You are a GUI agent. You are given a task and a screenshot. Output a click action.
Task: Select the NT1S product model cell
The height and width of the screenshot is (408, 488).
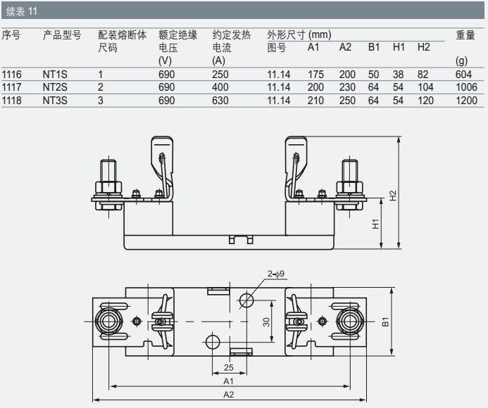[55, 74]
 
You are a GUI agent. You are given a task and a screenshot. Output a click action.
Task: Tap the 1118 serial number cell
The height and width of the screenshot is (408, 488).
[12, 100]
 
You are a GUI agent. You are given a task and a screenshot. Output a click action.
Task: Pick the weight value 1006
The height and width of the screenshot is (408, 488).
[466, 87]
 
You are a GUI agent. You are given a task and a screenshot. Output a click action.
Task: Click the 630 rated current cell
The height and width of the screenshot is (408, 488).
[220, 100]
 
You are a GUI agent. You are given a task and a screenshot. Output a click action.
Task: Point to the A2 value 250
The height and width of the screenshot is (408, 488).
[346, 100]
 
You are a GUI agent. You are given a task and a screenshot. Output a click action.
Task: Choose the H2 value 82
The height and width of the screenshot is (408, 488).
[424, 74]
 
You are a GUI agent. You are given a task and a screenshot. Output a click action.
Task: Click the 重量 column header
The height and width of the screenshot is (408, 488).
[465, 34]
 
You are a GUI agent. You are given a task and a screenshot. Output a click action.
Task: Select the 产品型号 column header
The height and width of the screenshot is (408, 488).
[62, 34]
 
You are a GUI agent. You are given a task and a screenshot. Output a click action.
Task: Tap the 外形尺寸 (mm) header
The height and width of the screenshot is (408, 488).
[299, 34]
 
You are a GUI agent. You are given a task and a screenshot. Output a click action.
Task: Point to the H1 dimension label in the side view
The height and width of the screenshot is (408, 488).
[376, 224]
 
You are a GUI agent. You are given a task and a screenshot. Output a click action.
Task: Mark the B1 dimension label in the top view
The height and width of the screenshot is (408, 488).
[387, 321]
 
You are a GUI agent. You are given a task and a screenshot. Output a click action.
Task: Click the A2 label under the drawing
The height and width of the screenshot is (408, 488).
[229, 395]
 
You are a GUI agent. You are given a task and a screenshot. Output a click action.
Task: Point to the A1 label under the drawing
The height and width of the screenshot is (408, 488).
[229, 381]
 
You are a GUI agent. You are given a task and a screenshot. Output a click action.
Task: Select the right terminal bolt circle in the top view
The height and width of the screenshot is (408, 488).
[348, 321]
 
